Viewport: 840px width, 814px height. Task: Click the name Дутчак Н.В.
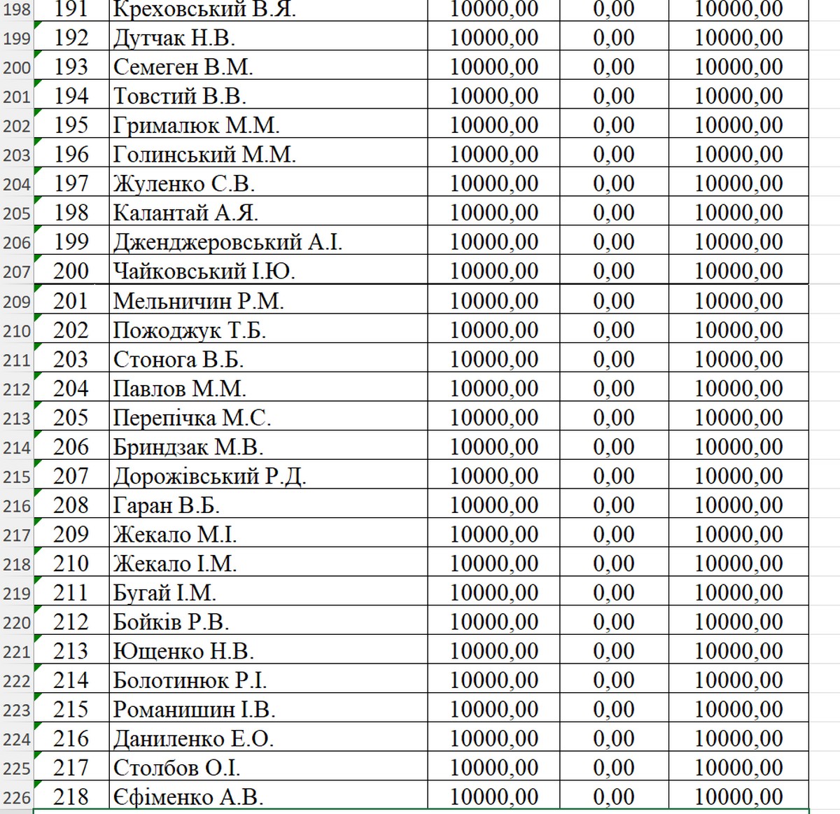174,38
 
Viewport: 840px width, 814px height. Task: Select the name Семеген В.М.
183,67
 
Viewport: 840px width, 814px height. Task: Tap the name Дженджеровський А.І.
227,242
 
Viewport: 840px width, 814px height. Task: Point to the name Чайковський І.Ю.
204,272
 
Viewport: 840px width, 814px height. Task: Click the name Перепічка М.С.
192,418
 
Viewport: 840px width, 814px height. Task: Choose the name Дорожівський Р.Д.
210,477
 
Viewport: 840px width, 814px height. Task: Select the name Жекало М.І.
175,535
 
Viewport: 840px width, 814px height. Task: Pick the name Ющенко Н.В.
183,652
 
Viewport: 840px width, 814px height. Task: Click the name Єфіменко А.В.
188,797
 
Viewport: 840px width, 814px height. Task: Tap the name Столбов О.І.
177,768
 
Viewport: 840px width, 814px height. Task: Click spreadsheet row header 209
17,302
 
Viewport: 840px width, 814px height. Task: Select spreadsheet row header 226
17,798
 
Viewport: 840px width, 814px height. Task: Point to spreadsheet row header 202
17,126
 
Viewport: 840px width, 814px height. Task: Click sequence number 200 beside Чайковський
71,272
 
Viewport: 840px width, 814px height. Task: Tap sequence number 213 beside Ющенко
71,652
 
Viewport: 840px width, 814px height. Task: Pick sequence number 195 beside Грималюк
71,125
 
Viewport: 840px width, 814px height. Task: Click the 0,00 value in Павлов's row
614,389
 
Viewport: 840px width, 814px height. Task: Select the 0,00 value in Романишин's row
614,710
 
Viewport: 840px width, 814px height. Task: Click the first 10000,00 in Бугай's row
494,593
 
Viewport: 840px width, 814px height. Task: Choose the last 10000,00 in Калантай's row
738,213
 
